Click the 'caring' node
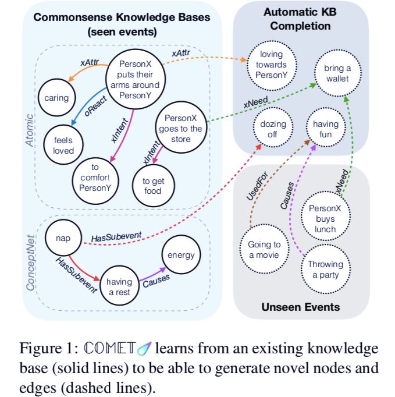[56, 98]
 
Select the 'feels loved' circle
[63, 145]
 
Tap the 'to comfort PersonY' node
[95, 181]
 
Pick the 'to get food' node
[154, 186]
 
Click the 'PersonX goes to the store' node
[181, 127]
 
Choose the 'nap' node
[63, 238]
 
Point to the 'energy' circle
[181, 255]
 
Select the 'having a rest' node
[119, 286]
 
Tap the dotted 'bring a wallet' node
[338, 73]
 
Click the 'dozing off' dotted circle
[273, 127]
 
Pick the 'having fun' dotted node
[326, 127]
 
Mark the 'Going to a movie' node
[264, 249]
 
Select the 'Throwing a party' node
[326, 269]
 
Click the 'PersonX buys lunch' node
[326, 216]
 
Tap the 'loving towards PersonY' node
[272, 65]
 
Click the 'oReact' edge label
[95, 107]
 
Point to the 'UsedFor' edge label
[257, 186]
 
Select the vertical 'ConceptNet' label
[30, 263]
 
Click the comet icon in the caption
[144, 348]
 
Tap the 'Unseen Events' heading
[301, 307]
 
